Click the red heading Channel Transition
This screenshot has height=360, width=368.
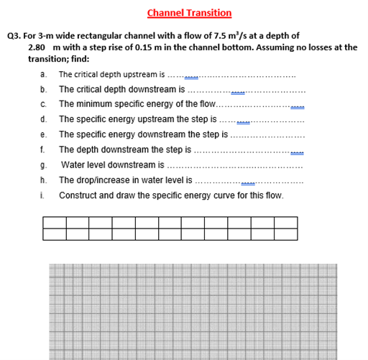point(189,12)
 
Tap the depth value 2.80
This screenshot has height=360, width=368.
point(37,47)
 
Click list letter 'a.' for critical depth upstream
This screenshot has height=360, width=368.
point(44,75)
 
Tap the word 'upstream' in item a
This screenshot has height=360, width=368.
point(139,75)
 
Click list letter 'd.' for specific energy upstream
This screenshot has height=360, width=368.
point(44,119)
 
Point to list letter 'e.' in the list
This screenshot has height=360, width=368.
point(44,134)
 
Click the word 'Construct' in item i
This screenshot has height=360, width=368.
point(77,195)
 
